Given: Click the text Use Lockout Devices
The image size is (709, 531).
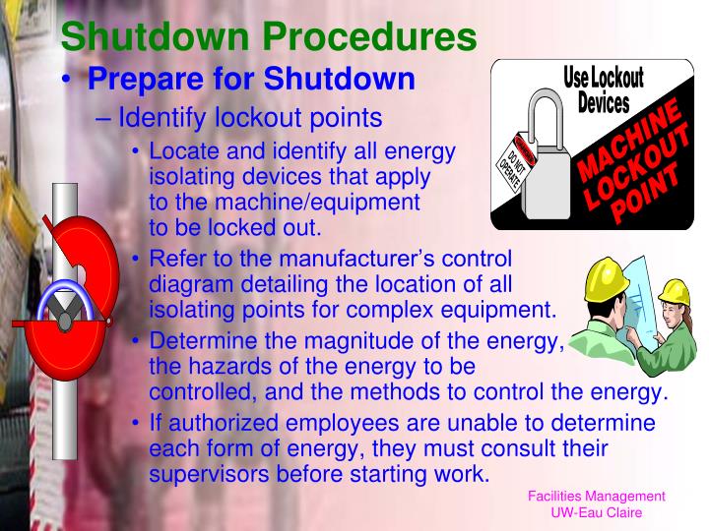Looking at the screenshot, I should [603, 89].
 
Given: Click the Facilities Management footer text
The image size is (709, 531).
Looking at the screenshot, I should [597, 497].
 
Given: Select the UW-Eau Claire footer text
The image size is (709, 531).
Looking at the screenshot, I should [597, 514].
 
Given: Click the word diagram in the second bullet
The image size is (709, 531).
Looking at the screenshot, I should [184, 284].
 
